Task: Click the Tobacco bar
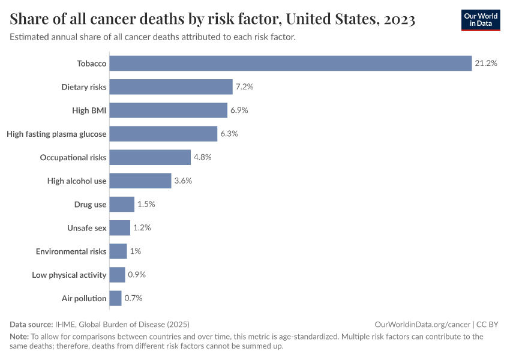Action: pyautogui.click(x=290, y=63)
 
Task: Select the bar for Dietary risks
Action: pyautogui.click(x=171, y=87)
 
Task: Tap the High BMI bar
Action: pyautogui.click(x=169, y=110)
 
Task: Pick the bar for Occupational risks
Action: pyautogui.click(x=150, y=157)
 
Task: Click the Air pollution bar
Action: pyautogui.click(x=115, y=298)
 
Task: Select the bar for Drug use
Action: pyautogui.click(x=122, y=204)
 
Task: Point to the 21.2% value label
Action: pyautogui.click(x=486, y=63)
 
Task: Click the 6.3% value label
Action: pyautogui.click(x=229, y=134)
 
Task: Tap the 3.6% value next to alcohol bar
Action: pyautogui.click(x=183, y=181)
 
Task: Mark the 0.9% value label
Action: pyautogui.click(x=137, y=275)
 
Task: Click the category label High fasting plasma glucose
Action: pyautogui.click(x=56, y=134)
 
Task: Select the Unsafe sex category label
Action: pyautogui.click(x=87, y=228)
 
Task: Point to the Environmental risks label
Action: pyautogui.click(x=71, y=251)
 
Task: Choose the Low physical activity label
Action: pyautogui.click(x=69, y=275)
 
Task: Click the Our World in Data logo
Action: pyautogui.click(x=481, y=20)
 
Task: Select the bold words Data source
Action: pyautogui.click(x=31, y=324)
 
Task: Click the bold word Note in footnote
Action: pyautogui.click(x=19, y=337)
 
